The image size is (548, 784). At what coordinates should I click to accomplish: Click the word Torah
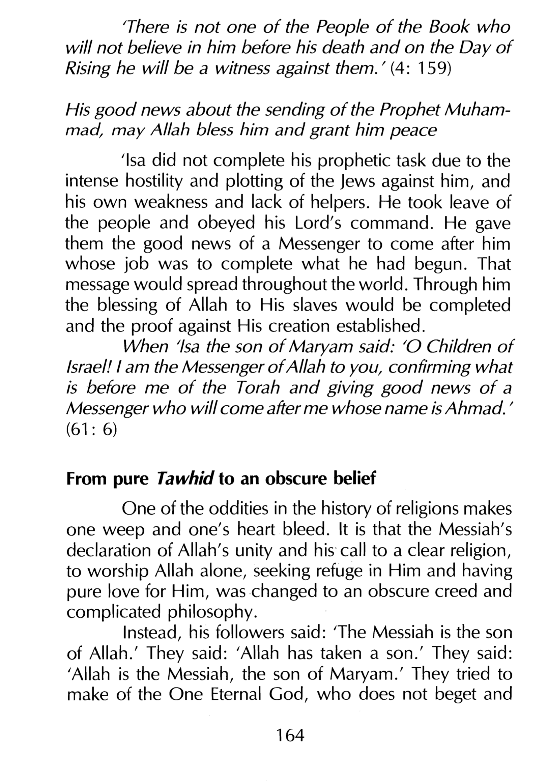point(258,388)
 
